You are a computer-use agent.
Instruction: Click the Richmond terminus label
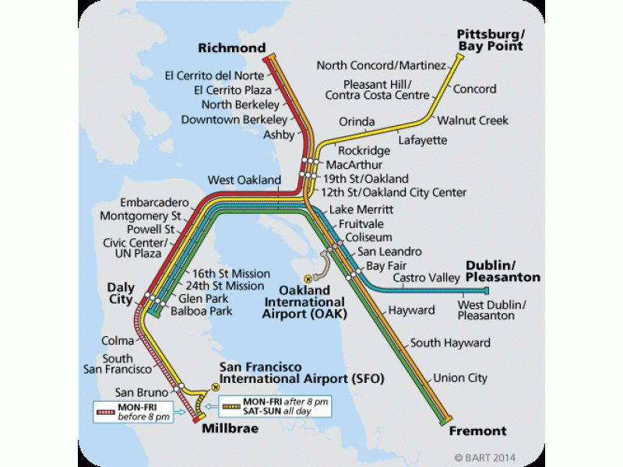click(232, 48)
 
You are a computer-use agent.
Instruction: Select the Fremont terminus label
click(477, 430)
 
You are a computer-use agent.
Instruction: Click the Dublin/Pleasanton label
click(503, 271)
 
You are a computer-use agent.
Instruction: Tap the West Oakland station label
click(244, 180)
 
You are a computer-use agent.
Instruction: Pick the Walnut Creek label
click(472, 121)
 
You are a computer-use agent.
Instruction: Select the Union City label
click(460, 378)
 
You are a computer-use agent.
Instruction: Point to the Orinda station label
click(357, 121)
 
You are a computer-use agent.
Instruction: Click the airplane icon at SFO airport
click(215, 386)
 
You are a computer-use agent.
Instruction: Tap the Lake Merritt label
click(361, 210)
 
